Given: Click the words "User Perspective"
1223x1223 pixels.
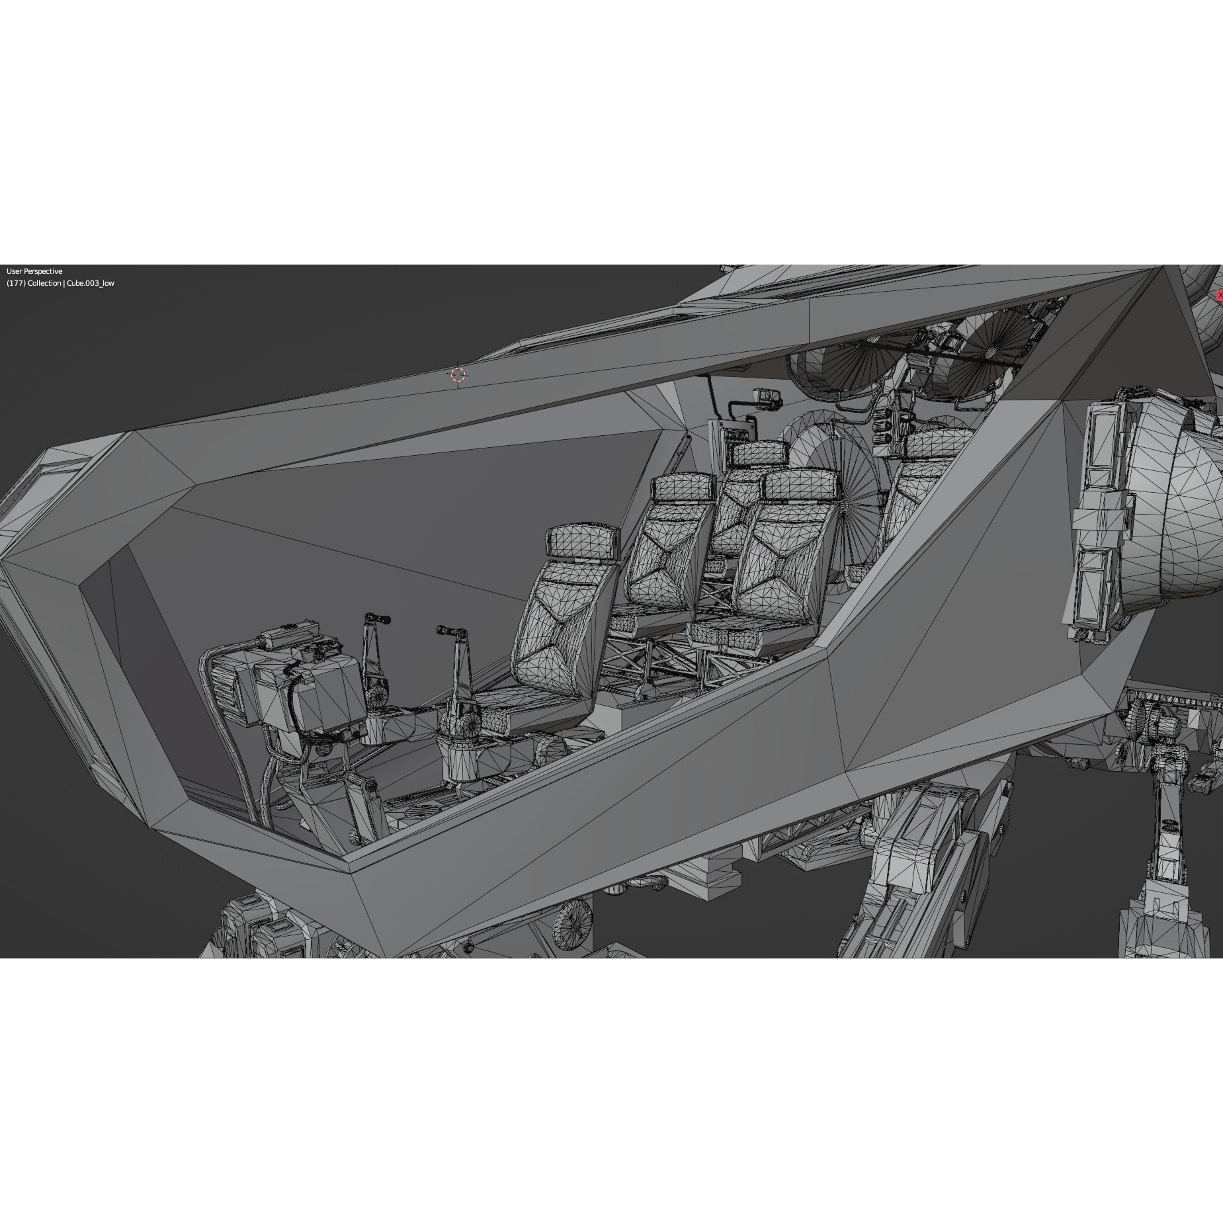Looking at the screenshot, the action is [34, 271].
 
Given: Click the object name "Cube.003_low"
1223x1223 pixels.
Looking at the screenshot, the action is [90, 283].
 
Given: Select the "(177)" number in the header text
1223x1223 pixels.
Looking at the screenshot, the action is [16, 283].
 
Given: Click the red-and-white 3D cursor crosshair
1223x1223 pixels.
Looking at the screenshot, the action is [458, 375].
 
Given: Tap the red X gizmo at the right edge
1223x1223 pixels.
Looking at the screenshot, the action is [1219, 295].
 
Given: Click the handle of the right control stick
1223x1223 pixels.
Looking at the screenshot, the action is [452, 632].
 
